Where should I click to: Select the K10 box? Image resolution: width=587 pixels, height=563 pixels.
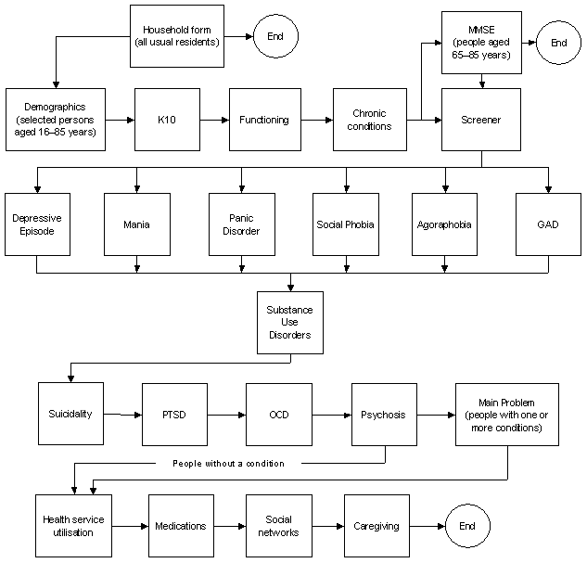click(x=167, y=120)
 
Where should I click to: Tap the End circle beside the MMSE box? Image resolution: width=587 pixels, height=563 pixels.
click(x=559, y=43)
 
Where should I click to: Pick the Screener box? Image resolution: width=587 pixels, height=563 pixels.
click(x=480, y=120)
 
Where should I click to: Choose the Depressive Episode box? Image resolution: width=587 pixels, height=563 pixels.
click(x=37, y=224)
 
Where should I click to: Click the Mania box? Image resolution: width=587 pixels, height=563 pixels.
click(x=137, y=224)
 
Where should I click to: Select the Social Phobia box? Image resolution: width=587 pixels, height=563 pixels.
click(x=344, y=224)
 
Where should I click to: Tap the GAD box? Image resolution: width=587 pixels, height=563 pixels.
click(x=549, y=224)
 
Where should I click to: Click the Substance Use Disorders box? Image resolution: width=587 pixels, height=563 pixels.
click(x=290, y=322)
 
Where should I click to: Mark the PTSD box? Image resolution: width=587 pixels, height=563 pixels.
click(x=174, y=414)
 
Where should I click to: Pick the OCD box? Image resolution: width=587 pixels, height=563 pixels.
click(x=279, y=414)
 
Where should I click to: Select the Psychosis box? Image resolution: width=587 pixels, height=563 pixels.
click(x=384, y=414)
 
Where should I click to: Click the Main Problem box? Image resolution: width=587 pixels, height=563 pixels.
click(x=506, y=414)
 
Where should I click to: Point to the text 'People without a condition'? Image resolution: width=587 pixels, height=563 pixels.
click(x=228, y=462)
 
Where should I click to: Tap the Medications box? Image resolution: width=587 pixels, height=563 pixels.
click(x=181, y=526)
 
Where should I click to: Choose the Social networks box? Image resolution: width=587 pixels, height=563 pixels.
click(x=279, y=526)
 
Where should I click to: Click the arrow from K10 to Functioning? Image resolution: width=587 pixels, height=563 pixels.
click(x=214, y=120)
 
